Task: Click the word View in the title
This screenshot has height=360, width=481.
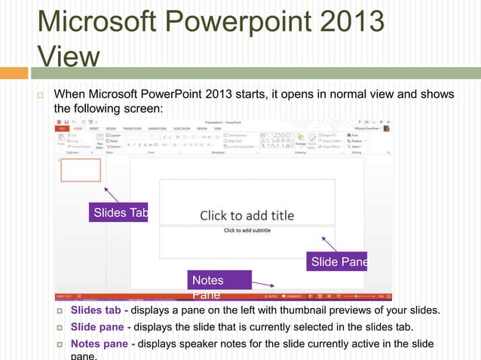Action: [67, 56]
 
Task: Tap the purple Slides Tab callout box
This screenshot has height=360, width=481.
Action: [118, 213]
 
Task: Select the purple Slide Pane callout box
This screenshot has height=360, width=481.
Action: [337, 262]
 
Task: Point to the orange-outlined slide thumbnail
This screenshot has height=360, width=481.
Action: [81, 170]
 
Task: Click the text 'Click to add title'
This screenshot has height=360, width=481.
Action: [247, 216]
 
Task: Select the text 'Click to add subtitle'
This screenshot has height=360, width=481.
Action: [247, 230]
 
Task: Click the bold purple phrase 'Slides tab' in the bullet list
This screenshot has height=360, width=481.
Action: [96, 311]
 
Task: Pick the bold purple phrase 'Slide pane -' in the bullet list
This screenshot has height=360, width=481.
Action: [101, 328]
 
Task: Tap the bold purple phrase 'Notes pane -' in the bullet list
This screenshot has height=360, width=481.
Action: [103, 344]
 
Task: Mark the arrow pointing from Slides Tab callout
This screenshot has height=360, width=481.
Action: [112, 194]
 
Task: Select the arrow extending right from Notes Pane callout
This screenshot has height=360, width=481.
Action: [261, 283]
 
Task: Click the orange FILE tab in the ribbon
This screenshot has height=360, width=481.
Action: [63, 129]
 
